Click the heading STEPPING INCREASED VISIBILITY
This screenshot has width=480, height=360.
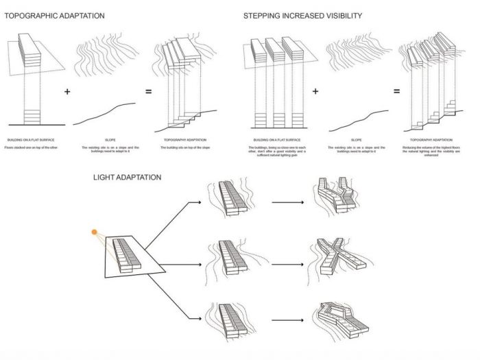pos(303,15)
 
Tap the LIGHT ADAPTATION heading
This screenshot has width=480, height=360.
pos(128,177)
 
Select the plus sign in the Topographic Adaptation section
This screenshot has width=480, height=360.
pos(67,92)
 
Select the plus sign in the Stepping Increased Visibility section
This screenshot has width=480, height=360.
pos(316,92)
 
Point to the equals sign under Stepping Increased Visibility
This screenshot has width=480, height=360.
pos(396,92)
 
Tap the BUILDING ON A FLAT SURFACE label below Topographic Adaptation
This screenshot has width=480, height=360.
pos(28,139)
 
